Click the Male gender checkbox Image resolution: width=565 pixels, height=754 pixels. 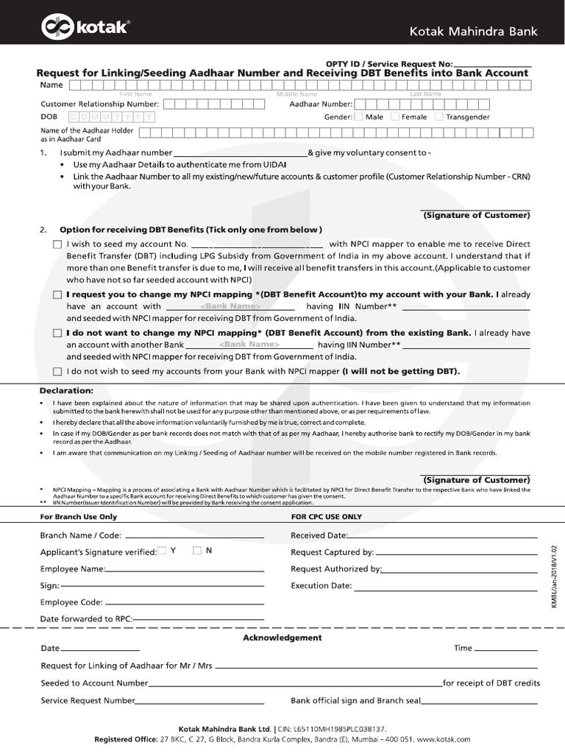click(358, 116)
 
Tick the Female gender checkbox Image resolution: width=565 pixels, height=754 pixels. click(395, 116)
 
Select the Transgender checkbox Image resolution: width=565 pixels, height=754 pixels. click(439, 116)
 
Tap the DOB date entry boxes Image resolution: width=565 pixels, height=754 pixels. click(110, 117)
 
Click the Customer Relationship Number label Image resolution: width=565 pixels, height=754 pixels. click(100, 105)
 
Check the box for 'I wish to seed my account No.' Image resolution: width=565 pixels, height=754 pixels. click(57, 244)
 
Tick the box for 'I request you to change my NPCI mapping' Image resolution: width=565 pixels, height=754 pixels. click(57, 295)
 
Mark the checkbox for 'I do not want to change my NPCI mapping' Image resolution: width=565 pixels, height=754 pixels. click(57, 334)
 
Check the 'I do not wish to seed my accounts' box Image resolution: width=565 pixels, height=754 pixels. click(57, 372)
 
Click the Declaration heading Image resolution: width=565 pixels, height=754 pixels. click(66, 390)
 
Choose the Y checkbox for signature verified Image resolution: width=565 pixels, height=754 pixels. click(161, 551)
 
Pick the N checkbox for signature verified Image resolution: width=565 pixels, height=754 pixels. click(196, 551)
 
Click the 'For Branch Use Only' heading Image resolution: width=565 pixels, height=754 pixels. click(78, 517)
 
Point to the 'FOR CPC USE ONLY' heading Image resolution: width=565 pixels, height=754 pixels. click(327, 517)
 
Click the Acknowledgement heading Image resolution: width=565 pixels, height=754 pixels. click(282, 638)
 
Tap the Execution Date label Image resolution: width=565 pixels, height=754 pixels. click(321, 586)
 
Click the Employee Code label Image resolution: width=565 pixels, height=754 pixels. click(71, 602)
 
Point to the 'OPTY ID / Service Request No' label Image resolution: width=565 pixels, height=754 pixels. click(389, 64)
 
